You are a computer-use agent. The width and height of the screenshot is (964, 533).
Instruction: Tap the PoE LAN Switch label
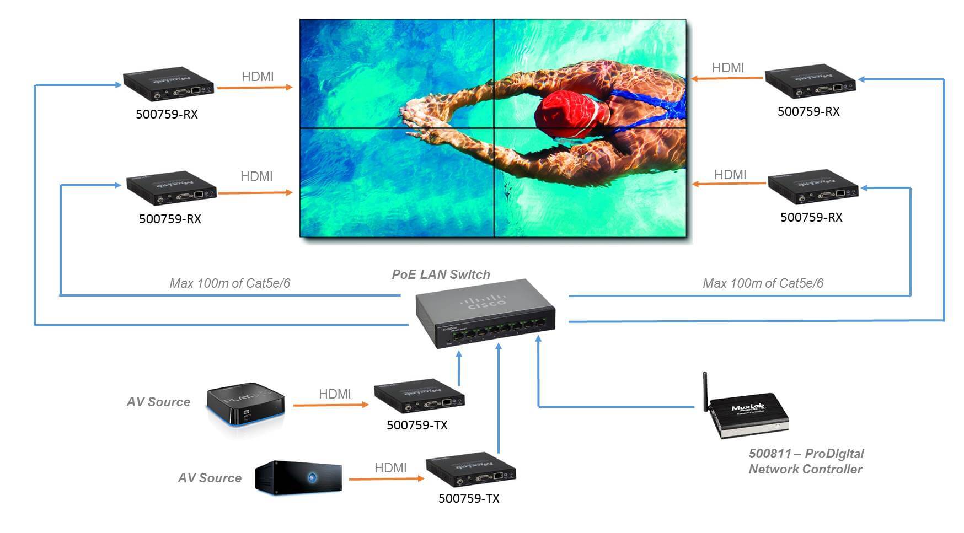tap(441, 274)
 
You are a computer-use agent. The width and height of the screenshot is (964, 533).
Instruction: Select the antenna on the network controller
tap(705, 391)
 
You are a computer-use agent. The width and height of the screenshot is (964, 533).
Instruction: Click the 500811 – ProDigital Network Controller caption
tap(806, 461)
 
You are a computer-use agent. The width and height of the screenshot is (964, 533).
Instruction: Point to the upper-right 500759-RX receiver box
tap(810, 83)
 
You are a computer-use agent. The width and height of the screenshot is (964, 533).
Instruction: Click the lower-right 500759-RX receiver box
tap(813, 187)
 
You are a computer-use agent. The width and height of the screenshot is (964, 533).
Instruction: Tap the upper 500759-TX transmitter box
tap(419, 396)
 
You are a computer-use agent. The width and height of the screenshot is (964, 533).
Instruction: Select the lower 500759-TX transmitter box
tap(470, 469)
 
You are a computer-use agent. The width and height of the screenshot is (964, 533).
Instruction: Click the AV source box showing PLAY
tap(245, 405)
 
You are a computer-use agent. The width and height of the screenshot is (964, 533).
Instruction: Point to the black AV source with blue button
tap(298, 477)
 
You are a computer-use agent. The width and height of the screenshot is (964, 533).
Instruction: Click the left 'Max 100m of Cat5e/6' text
tap(229, 283)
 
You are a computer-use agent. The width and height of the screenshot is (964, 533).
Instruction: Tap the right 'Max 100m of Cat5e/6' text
tap(763, 283)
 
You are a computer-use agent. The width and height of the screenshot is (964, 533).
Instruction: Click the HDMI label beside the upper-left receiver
tap(258, 77)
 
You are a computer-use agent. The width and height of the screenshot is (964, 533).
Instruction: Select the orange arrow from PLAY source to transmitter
tap(330, 405)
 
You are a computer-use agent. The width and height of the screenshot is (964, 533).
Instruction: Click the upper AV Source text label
tap(158, 402)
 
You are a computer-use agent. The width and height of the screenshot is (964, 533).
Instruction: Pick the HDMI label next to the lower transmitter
tap(390, 468)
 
